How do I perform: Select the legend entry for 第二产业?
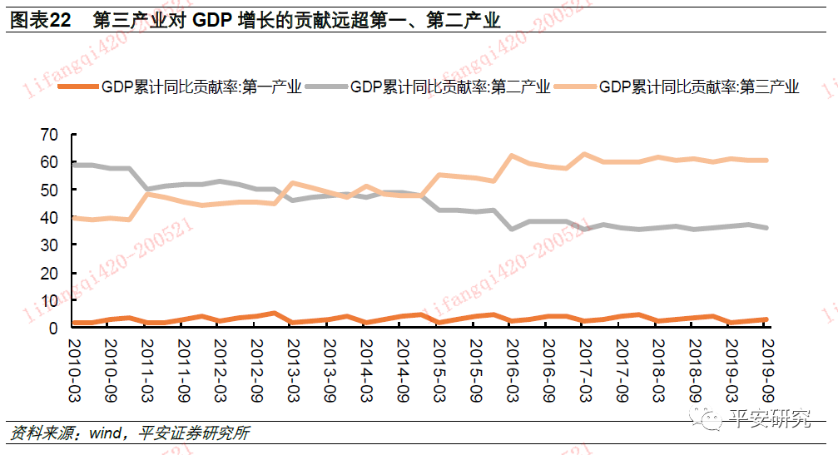(x=450, y=87)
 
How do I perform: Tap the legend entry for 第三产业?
(x=699, y=87)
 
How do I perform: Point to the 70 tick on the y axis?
(x=49, y=135)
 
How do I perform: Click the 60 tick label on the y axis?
(x=49, y=162)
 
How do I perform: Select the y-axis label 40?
(x=49, y=217)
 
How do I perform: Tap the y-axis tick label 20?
(x=49, y=273)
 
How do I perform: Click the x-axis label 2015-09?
(x=474, y=366)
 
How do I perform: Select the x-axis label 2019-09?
(x=766, y=366)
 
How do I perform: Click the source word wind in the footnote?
(x=106, y=433)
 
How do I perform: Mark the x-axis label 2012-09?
(x=255, y=366)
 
